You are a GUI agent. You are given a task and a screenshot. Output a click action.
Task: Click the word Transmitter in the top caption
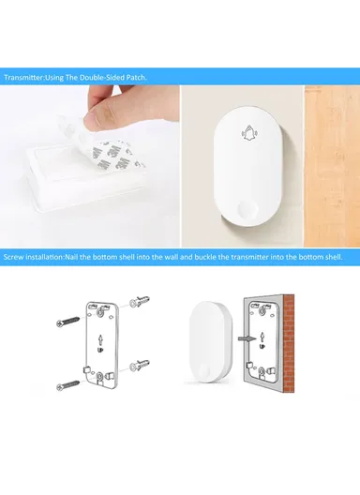pyautogui.click(x=22, y=78)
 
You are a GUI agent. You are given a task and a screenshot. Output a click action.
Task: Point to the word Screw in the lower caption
pyautogui.click(x=13, y=255)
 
